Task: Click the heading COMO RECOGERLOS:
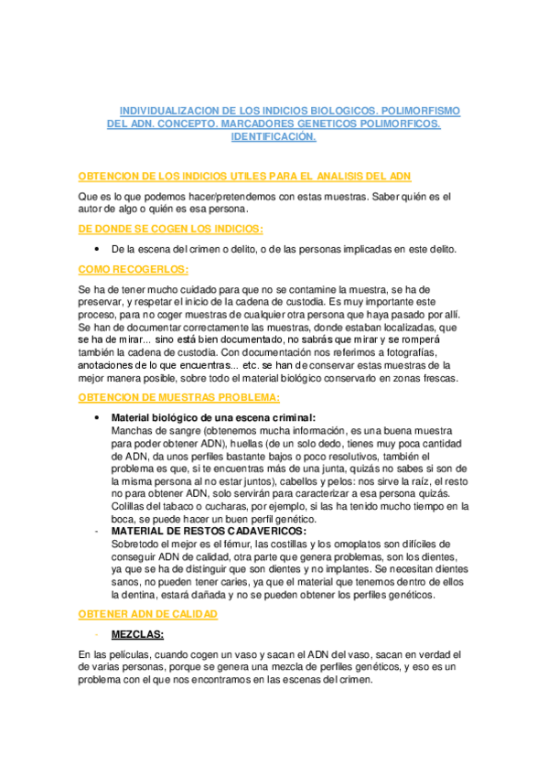[x=134, y=269]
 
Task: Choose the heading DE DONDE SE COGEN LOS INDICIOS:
[x=171, y=228]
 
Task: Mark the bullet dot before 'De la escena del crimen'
[x=98, y=249]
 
